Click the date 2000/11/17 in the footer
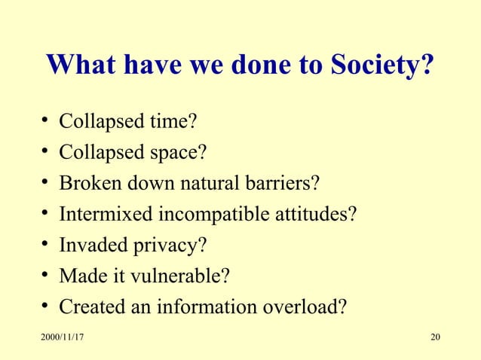tap(62, 335)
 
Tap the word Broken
tap(90, 184)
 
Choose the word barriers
tap(285, 184)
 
